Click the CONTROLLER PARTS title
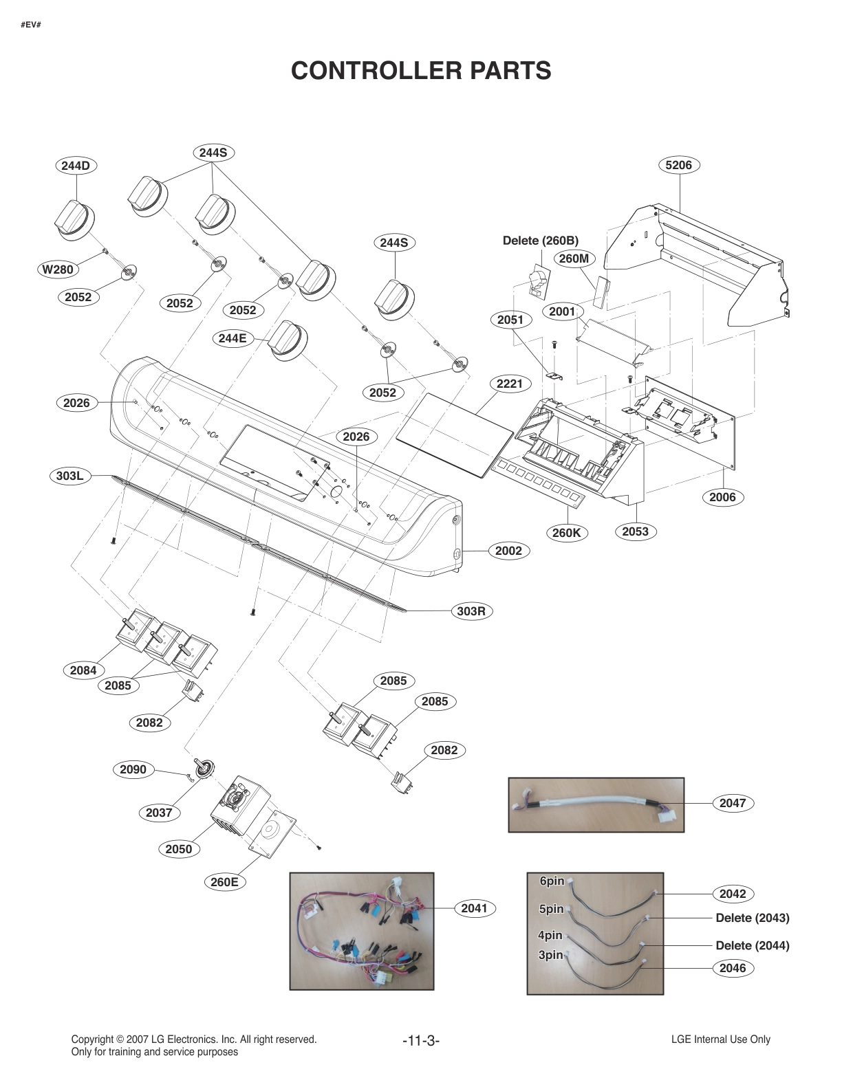point(421,70)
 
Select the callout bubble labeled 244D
point(76,166)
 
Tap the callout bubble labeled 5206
point(678,165)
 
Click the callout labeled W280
point(58,269)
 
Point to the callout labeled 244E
point(233,338)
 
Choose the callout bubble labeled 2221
point(509,384)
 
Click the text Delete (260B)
point(540,241)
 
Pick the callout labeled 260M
point(574,258)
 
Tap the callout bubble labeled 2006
point(722,497)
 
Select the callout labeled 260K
point(567,532)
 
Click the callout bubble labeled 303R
point(471,610)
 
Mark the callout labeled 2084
point(83,670)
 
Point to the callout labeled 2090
point(133,769)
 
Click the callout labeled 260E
point(225,881)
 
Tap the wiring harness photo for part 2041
point(362,931)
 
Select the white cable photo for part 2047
point(596,805)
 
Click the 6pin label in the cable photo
point(552,881)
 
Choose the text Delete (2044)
point(752,945)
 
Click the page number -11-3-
point(420,1041)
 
